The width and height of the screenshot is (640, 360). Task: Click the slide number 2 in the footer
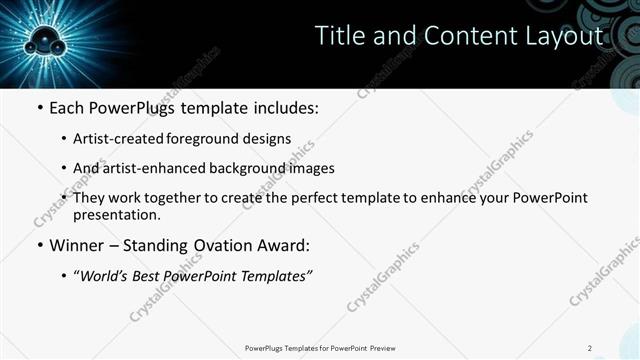tap(589, 348)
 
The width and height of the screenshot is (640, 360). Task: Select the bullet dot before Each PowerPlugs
tap(39, 108)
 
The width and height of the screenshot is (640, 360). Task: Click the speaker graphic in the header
tap(46, 42)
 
